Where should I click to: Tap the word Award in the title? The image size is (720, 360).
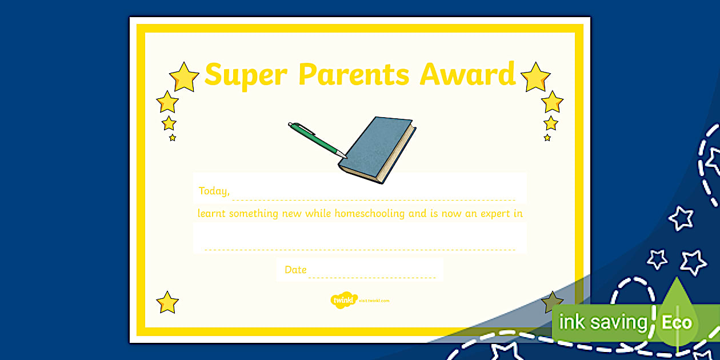[467, 74]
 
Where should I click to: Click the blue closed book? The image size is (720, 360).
[378, 150]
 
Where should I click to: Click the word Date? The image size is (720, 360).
[295, 270]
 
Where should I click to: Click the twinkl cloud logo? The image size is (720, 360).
[343, 301]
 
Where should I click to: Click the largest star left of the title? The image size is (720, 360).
[184, 77]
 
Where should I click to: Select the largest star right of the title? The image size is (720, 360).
[535, 77]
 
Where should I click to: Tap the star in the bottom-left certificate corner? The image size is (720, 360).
[167, 302]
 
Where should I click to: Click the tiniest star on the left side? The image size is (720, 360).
[173, 138]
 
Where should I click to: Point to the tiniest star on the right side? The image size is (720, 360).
[547, 138]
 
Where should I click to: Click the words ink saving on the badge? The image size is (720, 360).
[603, 322]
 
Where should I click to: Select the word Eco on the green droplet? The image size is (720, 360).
[677, 322]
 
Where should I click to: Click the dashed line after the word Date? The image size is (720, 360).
[371, 278]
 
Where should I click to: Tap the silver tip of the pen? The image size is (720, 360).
[341, 153]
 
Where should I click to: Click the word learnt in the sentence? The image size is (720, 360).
[211, 214]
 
